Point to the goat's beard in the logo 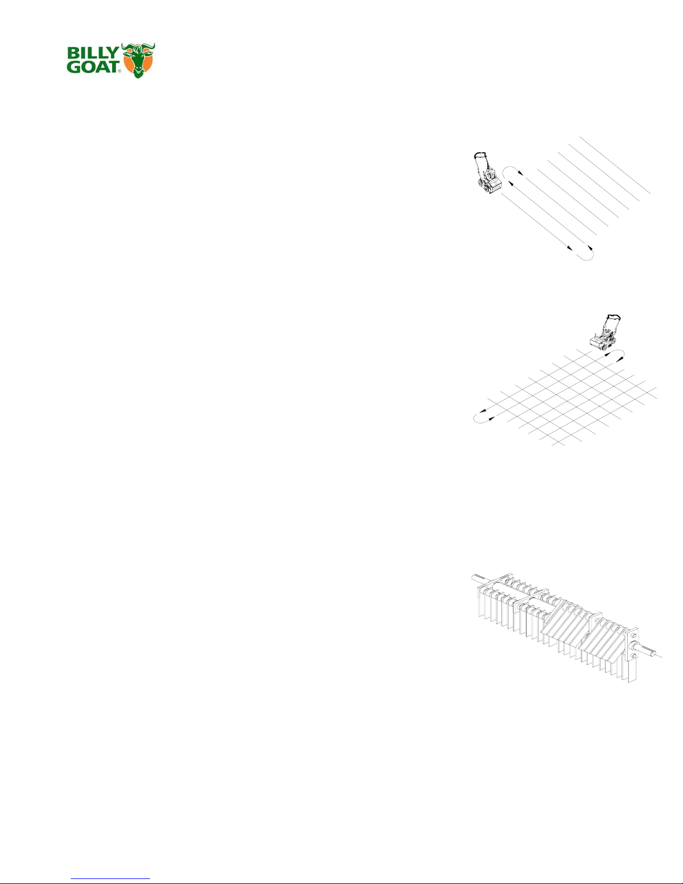point(138,73)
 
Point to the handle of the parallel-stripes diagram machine point(480,156)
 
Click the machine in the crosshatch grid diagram point(604,338)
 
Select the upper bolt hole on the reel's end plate point(633,637)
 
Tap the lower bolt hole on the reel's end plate point(633,655)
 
